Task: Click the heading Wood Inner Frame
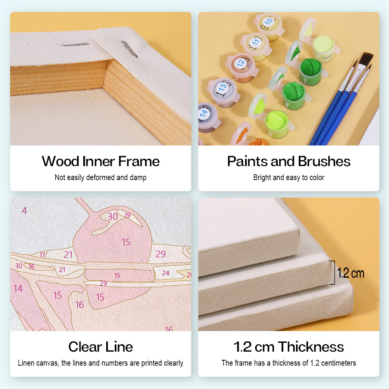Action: point(100,161)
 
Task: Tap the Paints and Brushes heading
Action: point(289,161)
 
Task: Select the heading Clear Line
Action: point(100,347)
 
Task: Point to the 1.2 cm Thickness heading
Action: point(289,347)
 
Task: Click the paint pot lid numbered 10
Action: point(268,22)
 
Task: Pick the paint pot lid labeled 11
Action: point(256,41)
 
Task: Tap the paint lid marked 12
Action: point(241,62)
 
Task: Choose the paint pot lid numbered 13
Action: point(223,88)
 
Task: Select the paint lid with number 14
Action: point(204,113)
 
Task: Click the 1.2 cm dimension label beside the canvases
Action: point(350,273)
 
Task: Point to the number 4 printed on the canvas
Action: point(25,210)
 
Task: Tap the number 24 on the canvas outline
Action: point(166,273)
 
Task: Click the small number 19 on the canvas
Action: point(127,215)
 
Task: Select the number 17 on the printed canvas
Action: point(43,255)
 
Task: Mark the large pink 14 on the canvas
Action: point(18,289)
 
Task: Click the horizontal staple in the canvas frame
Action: point(75,45)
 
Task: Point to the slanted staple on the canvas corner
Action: point(129,49)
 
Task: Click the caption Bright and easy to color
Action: point(289,178)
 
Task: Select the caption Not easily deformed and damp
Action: point(100,178)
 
